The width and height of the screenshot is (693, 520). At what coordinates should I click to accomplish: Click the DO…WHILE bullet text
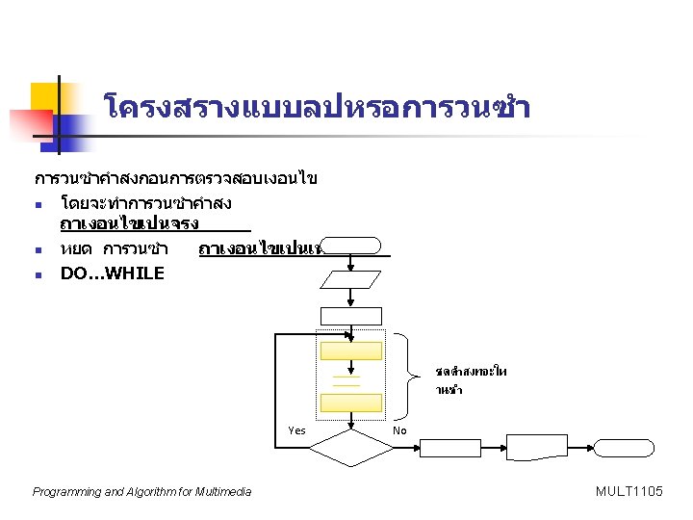click(x=112, y=273)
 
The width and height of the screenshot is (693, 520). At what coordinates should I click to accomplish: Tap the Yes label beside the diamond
click(x=296, y=430)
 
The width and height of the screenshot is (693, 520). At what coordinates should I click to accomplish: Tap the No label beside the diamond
click(x=400, y=430)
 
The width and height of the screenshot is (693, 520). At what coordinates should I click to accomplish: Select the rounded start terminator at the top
click(x=351, y=245)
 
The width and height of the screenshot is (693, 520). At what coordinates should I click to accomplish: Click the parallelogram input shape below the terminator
click(x=351, y=280)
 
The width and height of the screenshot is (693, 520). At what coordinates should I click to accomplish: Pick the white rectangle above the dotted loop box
click(x=351, y=316)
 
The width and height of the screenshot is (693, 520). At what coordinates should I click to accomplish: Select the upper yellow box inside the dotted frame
click(x=351, y=353)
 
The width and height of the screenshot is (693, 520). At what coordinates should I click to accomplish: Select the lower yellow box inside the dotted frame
click(x=351, y=403)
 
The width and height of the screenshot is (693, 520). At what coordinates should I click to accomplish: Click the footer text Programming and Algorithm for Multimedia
click(x=141, y=492)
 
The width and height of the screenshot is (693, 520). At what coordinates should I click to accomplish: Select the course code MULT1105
click(x=629, y=492)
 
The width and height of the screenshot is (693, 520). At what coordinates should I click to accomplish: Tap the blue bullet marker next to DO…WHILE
click(x=36, y=274)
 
